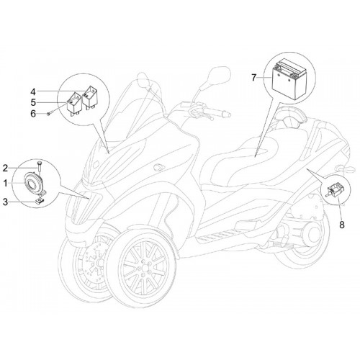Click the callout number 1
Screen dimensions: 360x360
click(x=5, y=184)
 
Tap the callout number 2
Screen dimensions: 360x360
click(x=5, y=168)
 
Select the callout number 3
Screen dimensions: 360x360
click(x=5, y=202)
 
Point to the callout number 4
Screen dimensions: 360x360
click(x=33, y=91)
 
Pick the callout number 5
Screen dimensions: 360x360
click(x=33, y=102)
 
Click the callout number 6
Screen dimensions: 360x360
click(x=33, y=114)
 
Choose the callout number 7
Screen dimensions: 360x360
click(x=254, y=78)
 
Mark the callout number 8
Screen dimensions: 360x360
click(x=342, y=225)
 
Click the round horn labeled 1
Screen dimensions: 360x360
click(x=35, y=184)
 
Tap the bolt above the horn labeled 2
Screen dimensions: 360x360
click(x=39, y=166)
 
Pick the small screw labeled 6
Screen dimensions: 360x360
click(x=50, y=113)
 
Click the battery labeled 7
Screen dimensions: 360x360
click(x=289, y=79)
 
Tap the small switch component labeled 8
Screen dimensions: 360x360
click(x=334, y=189)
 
